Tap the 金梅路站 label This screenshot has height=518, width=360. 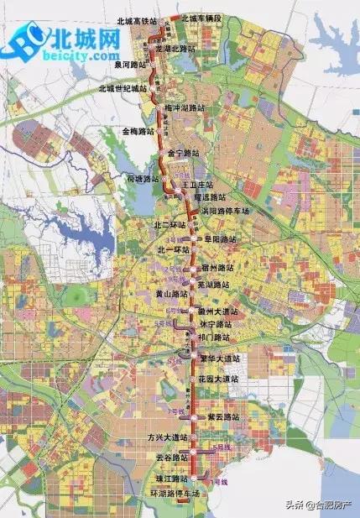pos(138,131)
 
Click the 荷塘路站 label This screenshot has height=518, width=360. pos(142,179)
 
